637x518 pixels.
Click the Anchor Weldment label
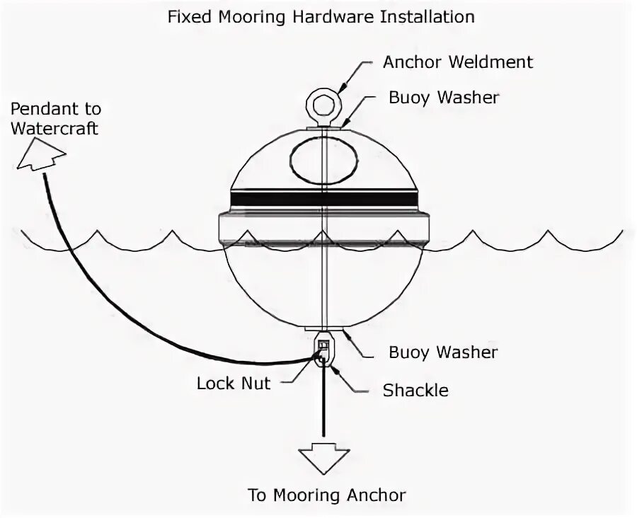coord(458,62)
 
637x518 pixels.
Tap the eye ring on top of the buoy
coord(323,105)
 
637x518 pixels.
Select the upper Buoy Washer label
coord(443,98)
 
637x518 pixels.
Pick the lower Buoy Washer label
coord(443,352)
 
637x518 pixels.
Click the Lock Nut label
coord(234,384)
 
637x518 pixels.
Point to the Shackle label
coord(415,390)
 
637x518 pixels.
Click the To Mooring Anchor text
coord(326,495)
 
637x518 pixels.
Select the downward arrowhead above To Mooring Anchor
coord(323,457)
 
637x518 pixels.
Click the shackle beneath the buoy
coord(323,351)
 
